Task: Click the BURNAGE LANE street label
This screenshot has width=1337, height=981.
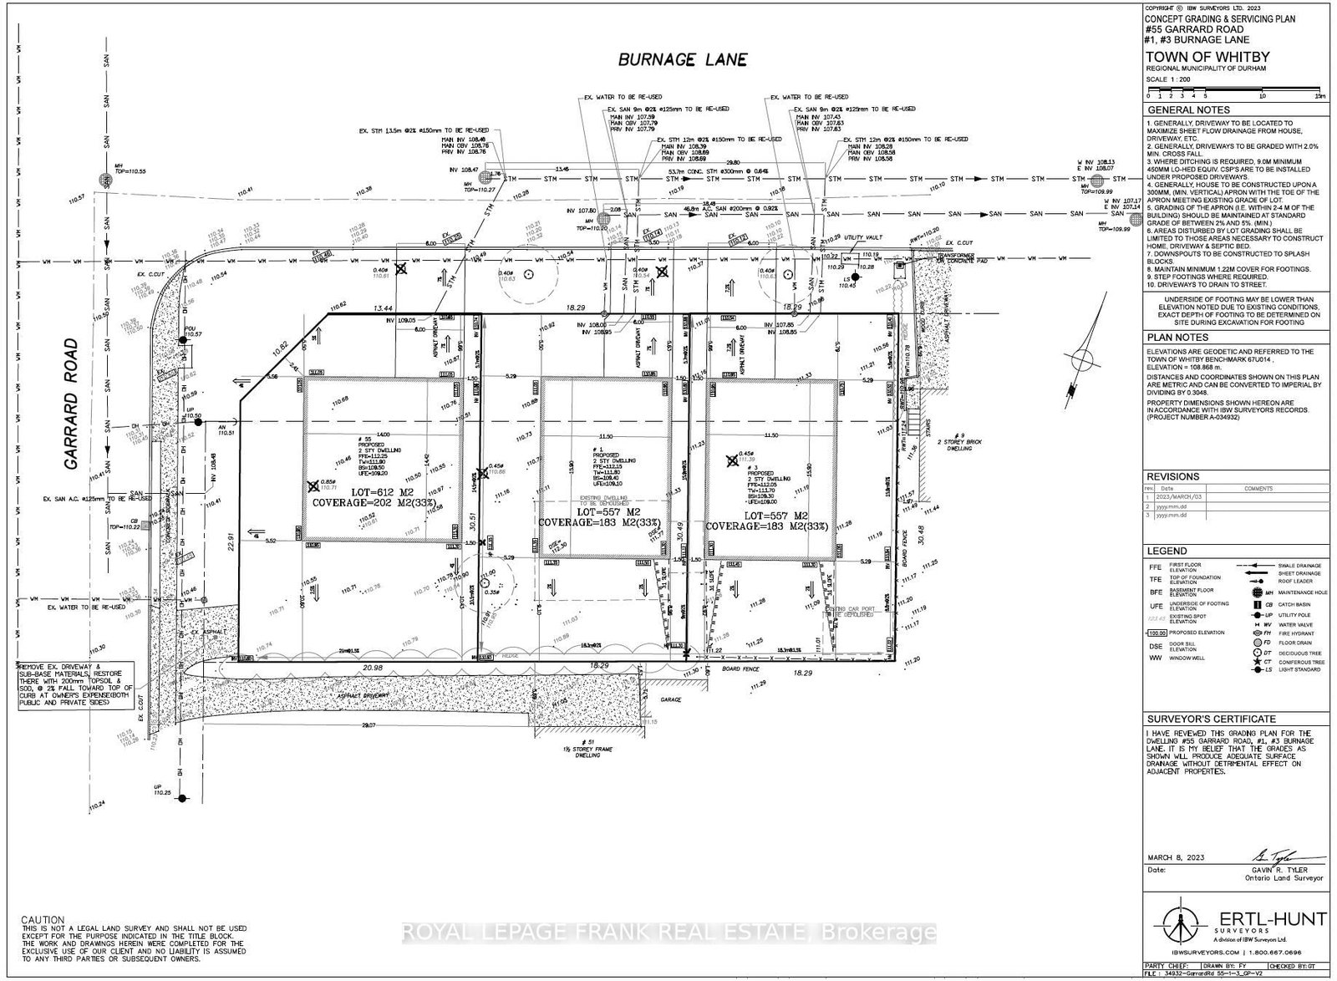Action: coord(682,59)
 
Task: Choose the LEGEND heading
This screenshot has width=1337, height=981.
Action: coord(1166,551)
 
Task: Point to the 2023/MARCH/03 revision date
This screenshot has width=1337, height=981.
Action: coord(1176,496)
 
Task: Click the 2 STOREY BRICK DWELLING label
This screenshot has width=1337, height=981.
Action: coord(952,440)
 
